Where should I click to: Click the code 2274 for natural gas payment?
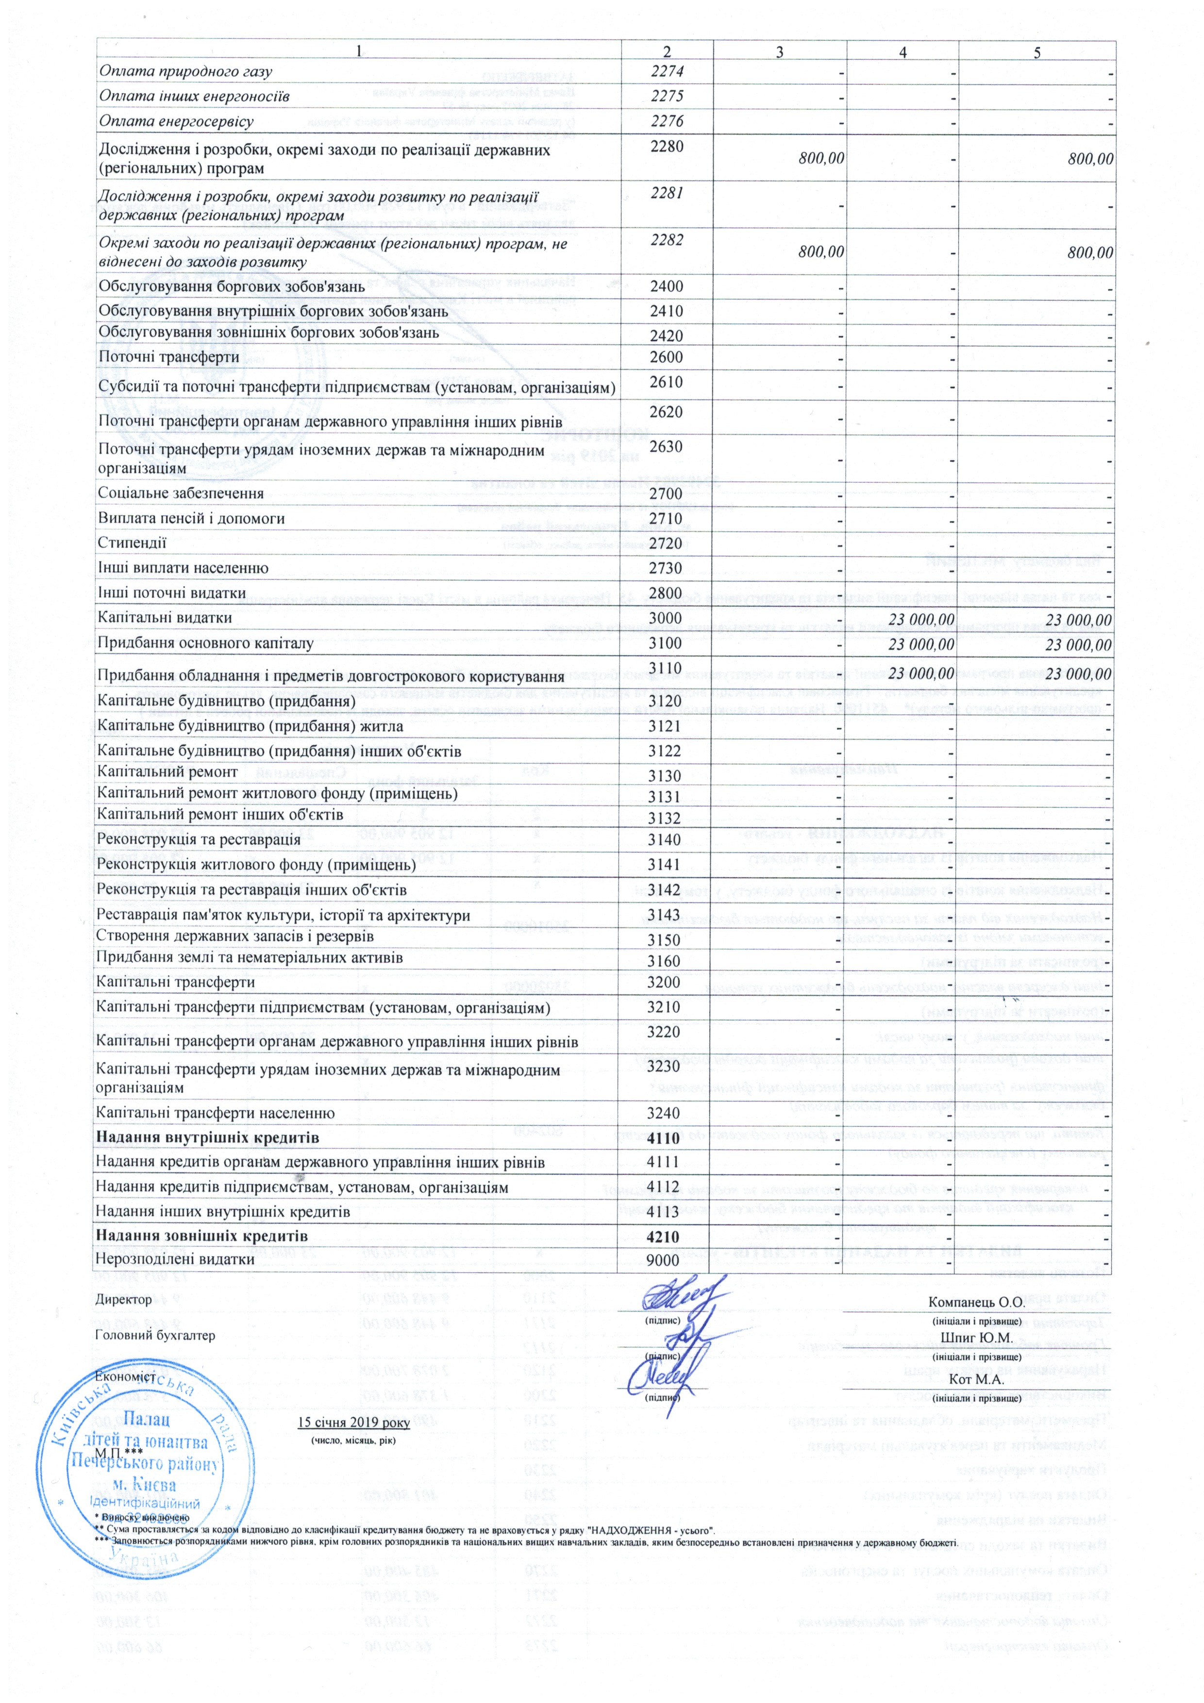[x=666, y=71]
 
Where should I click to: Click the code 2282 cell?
[x=666, y=240]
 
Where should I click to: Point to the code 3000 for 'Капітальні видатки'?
[x=665, y=618]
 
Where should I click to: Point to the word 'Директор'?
[x=124, y=1300]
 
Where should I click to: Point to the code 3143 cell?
[x=664, y=915]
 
